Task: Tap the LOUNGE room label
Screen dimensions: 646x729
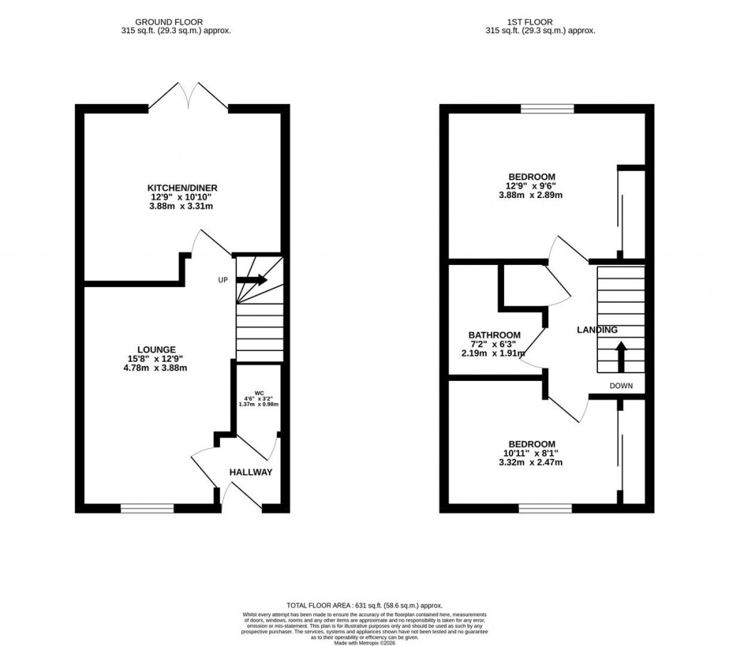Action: [x=157, y=350]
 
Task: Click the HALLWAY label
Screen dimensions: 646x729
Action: [x=251, y=472]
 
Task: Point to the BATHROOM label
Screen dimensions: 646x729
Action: [x=494, y=335]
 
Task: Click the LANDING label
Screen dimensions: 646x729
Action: [x=597, y=330]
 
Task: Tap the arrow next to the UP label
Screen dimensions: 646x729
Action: [x=252, y=280]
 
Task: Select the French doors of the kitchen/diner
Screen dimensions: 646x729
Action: [x=189, y=96]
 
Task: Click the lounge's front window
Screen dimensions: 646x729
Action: [x=147, y=508]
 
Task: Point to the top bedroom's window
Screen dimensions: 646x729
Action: [x=547, y=109]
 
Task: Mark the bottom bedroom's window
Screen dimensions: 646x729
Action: [x=545, y=508]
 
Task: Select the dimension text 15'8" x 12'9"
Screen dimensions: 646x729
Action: [x=157, y=359]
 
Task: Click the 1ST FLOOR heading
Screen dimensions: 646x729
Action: [x=540, y=22]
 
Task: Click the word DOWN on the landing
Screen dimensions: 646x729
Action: [x=621, y=386]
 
